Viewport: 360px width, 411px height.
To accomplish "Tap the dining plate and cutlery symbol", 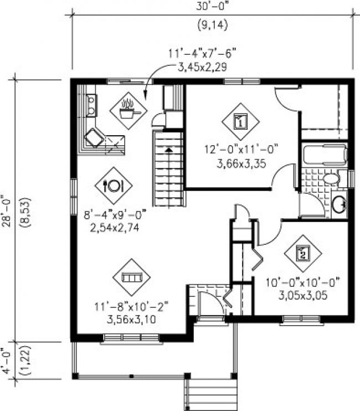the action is (x=114, y=186).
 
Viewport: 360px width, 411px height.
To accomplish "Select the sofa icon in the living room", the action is (x=131, y=277).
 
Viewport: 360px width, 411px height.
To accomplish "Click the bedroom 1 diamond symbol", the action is (x=240, y=122).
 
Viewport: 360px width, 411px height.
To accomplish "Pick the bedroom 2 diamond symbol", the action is (x=303, y=254).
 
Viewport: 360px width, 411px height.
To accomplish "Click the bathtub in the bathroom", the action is (x=325, y=155).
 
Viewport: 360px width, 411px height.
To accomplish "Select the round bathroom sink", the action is (x=339, y=203).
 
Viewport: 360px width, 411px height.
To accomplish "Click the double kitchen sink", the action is (x=91, y=105).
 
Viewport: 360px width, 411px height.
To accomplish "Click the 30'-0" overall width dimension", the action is (x=213, y=6).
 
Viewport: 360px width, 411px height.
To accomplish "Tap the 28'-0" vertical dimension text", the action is (x=7, y=212).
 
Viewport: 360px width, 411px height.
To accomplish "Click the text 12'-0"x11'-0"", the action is (x=241, y=150).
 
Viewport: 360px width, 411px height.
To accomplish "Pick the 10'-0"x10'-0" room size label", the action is (x=303, y=282).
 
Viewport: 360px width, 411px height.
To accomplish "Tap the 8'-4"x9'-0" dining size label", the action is (x=115, y=215).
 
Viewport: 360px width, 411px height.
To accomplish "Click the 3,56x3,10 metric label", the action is (x=131, y=319).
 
